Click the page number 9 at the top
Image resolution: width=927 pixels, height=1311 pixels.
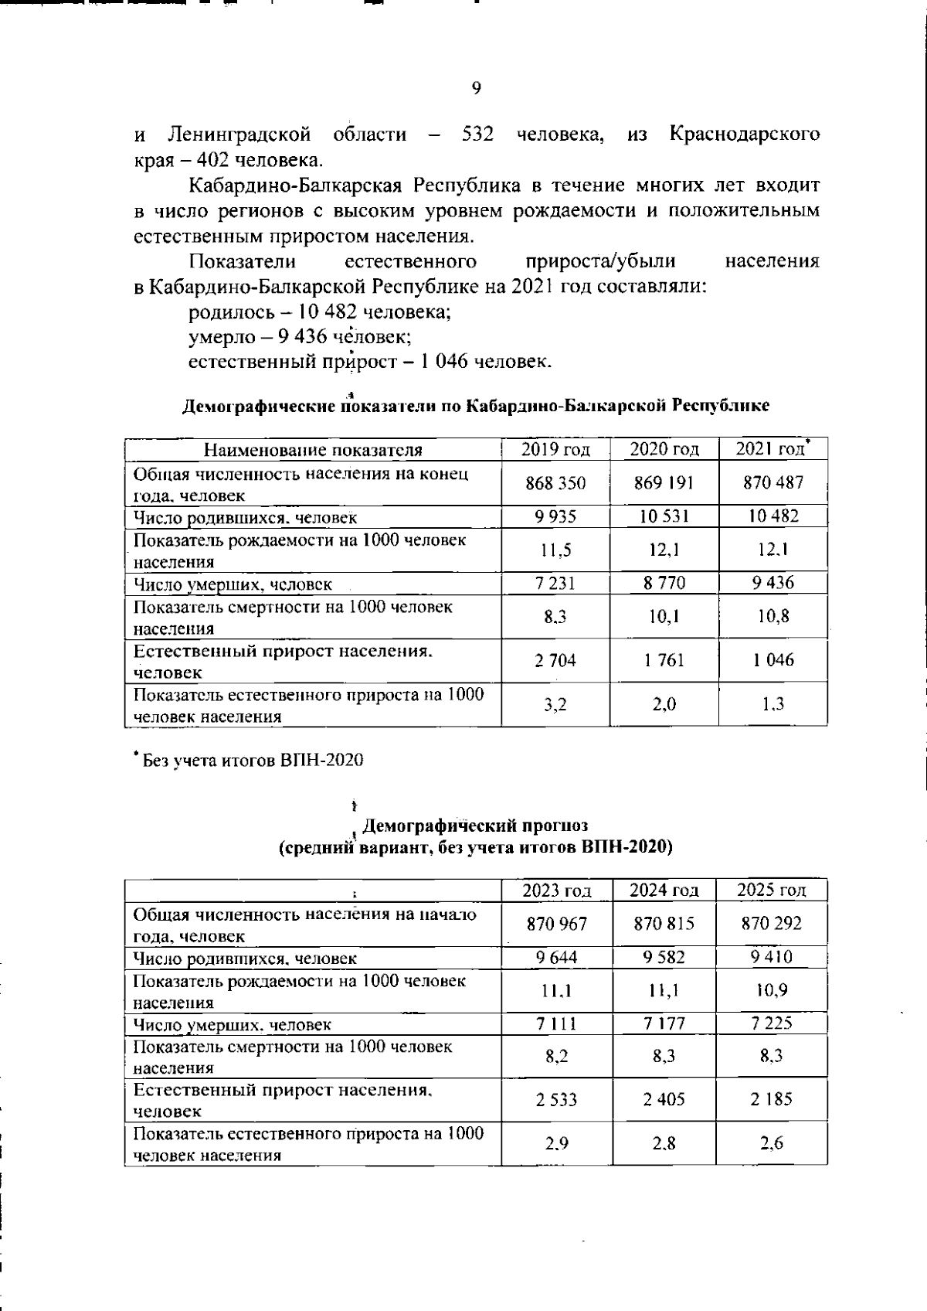476,89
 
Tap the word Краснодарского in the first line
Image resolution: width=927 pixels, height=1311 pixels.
744,135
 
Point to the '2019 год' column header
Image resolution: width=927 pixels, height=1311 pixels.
555,450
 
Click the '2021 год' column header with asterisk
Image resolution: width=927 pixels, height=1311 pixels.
772,449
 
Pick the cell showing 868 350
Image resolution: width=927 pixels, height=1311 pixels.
555,483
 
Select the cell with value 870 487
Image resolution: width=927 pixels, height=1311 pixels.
772,482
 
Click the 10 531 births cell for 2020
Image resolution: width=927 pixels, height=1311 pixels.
664,516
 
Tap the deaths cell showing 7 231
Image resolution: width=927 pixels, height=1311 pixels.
555,584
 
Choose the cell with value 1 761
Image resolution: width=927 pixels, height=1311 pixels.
664,660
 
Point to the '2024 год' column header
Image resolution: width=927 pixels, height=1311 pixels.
664,890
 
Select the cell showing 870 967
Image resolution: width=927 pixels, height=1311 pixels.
556,924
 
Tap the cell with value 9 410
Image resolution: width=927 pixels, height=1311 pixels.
771,957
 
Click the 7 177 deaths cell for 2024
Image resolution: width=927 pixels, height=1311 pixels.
664,1024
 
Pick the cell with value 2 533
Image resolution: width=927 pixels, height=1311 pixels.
556,1099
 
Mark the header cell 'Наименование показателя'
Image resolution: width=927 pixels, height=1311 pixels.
313,450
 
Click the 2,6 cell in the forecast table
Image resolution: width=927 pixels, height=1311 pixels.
771,1143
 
